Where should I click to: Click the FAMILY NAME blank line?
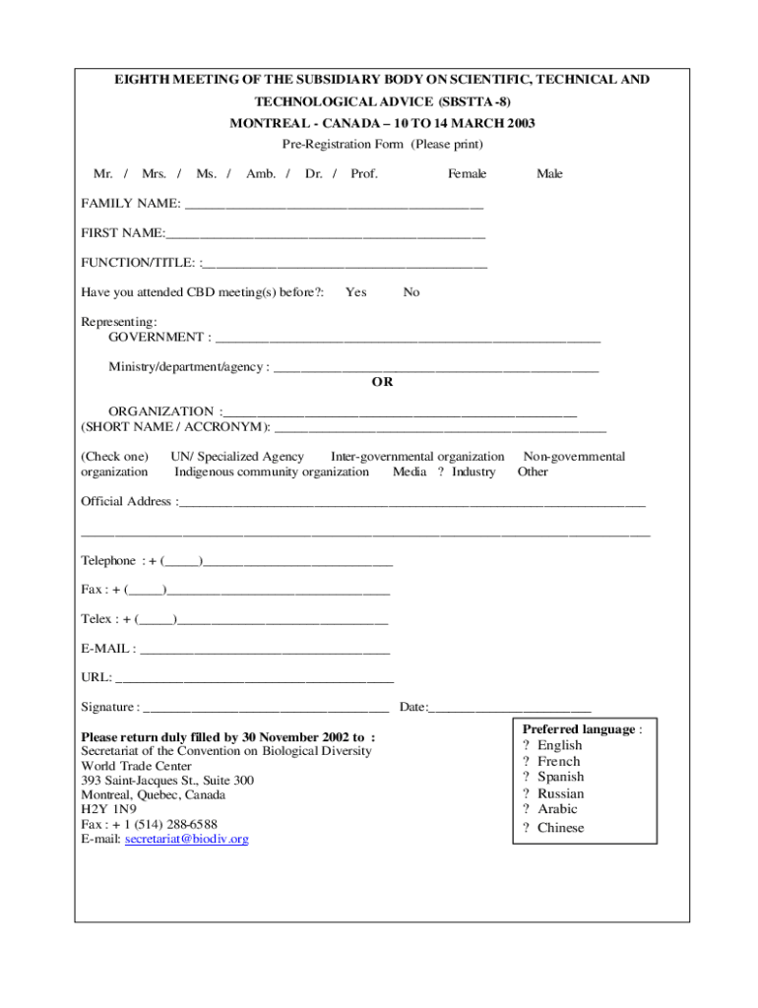point(334,206)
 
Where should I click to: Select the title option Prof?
point(364,174)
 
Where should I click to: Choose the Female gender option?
point(467,174)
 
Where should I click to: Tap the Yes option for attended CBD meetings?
point(356,292)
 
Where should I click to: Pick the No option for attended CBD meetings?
point(411,292)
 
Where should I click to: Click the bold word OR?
point(382,382)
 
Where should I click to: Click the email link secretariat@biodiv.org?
point(187,839)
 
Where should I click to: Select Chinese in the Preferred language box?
point(560,828)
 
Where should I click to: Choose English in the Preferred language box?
point(559,745)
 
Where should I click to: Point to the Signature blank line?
point(266,709)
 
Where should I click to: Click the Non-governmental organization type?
point(574,457)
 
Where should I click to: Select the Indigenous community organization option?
point(272,472)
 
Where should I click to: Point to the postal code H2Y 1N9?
point(109,809)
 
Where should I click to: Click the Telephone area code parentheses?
point(182,561)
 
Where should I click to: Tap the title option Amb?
point(261,174)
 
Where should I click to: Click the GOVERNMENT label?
point(156,338)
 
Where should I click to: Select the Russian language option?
point(560,793)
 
